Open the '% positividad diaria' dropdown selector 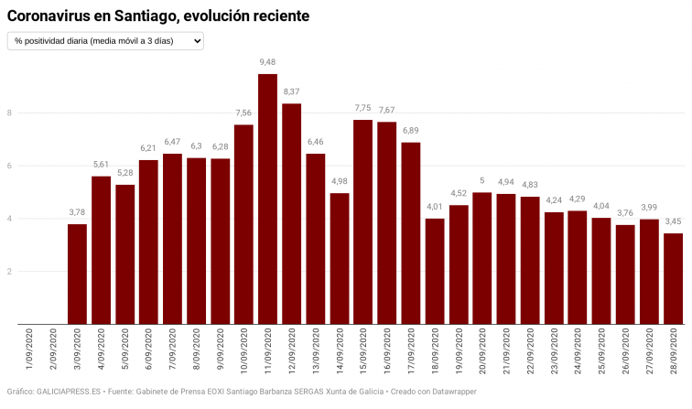pyautogui.click(x=105, y=41)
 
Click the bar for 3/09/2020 pyautogui.click(x=77, y=274)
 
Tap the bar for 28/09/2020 pyautogui.click(x=673, y=278)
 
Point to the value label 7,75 pyautogui.click(x=362, y=108)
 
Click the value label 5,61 pyautogui.click(x=101, y=165)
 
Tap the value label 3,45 pyautogui.click(x=673, y=221)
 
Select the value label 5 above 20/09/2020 pyautogui.click(x=482, y=180)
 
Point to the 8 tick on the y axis pyautogui.click(x=9, y=113)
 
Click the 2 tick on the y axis pyautogui.click(x=9, y=272)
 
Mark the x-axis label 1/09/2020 pyautogui.click(x=30, y=351)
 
